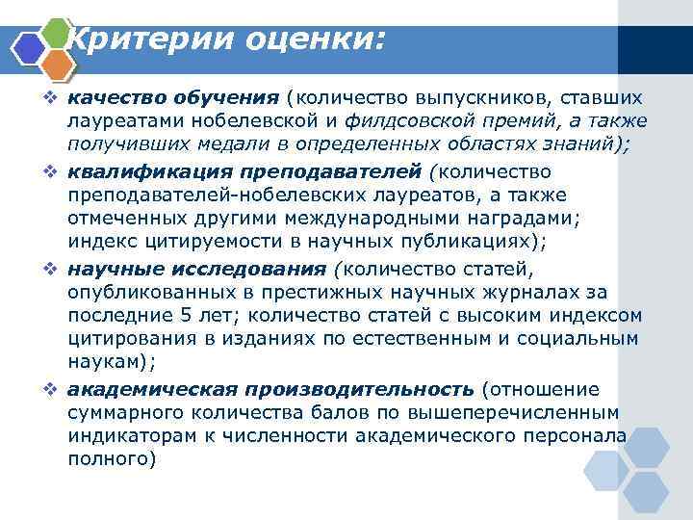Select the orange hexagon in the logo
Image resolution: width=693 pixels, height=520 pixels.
tap(57, 64)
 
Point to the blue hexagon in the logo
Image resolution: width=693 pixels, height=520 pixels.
tap(28, 47)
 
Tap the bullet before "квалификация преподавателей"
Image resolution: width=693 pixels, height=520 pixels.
tap(57, 171)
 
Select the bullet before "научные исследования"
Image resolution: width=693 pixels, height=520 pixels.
tap(57, 268)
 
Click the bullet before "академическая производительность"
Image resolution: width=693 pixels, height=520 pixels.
tap(57, 389)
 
